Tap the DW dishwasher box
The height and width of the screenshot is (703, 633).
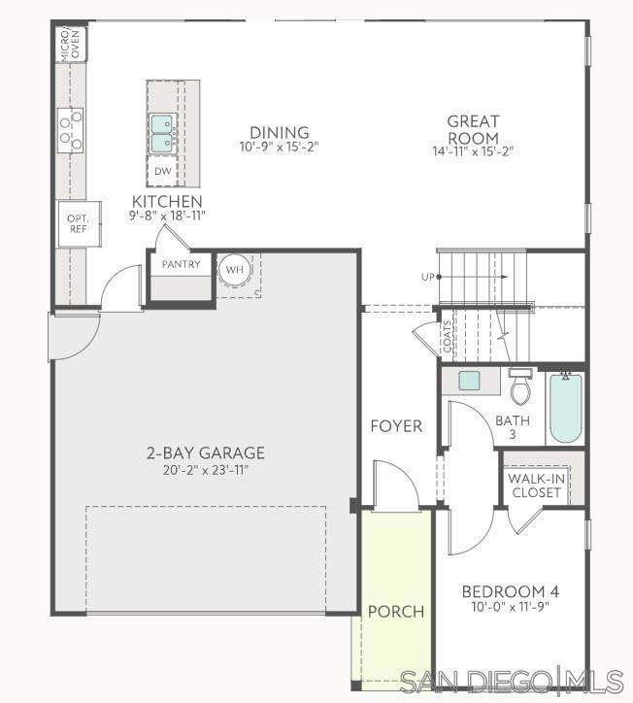pyautogui.click(x=162, y=172)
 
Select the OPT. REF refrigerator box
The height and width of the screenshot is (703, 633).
pyautogui.click(x=78, y=223)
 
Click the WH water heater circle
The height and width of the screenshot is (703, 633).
pyautogui.click(x=234, y=269)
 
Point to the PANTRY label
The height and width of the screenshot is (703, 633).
pyautogui.click(x=181, y=264)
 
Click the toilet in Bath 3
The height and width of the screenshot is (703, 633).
pyautogui.click(x=521, y=387)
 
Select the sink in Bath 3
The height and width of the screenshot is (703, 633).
pyautogui.click(x=470, y=380)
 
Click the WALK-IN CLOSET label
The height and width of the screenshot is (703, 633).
pyautogui.click(x=536, y=485)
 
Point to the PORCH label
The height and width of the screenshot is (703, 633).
pyautogui.click(x=395, y=612)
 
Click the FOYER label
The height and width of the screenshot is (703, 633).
pyautogui.click(x=396, y=426)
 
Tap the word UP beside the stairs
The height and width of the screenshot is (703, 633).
pyautogui.click(x=427, y=278)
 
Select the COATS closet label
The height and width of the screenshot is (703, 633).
pyautogui.click(x=447, y=337)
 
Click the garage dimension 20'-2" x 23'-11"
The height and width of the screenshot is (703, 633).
pyautogui.click(x=205, y=471)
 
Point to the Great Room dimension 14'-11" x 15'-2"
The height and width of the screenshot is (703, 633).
pyautogui.click(x=473, y=151)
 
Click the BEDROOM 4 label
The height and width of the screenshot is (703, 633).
pyautogui.click(x=510, y=591)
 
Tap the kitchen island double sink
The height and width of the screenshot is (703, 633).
pyautogui.click(x=161, y=132)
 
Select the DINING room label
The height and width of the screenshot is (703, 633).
pyautogui.click(x=279, y=133)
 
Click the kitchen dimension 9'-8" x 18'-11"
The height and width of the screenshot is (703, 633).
pyautogui.click(x=168, y=216)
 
